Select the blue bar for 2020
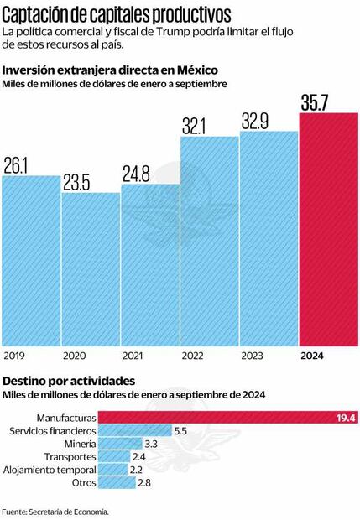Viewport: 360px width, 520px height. click(x=90, y=269)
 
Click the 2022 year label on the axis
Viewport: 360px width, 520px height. click(x=193, y=356)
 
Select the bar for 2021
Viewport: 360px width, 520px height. click(x=149, y=264)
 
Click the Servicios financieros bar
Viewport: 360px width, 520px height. click(x=134, y=430)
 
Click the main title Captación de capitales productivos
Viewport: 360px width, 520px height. click(x=117, y=14)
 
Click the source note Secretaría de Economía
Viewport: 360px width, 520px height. click(x=55, y=511)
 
